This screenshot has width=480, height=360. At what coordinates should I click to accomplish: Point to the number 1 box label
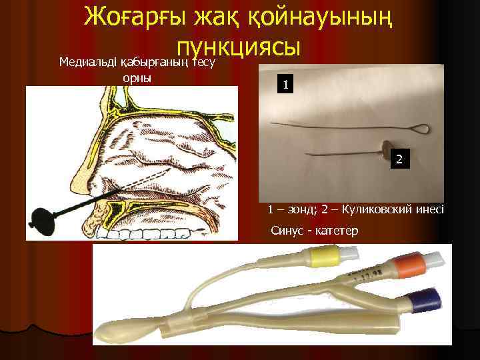tap(285, 85)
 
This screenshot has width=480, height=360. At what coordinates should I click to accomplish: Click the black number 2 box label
tap(399, 159)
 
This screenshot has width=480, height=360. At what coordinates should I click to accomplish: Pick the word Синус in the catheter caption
tap(286, 231)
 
